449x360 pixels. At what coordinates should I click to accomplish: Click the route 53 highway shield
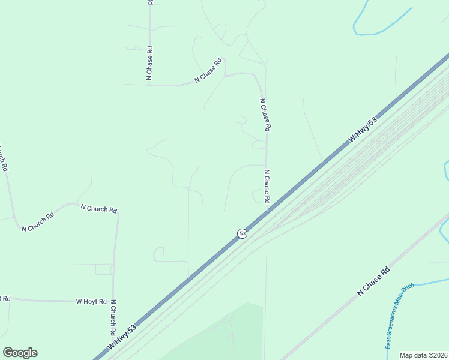[242, 233]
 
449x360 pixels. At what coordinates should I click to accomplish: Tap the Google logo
[20, 353]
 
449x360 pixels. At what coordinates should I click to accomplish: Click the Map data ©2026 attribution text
[423, 355]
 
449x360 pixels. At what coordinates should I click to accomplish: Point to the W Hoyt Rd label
[91, 301]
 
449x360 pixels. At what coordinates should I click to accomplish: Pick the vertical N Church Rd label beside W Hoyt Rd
[113, 317]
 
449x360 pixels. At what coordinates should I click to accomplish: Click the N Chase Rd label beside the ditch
[373, 281]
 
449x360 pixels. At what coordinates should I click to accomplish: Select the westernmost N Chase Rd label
[149, 63]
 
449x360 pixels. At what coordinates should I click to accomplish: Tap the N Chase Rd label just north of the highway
[267, 186]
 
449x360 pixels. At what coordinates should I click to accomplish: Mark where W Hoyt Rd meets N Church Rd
[113, 301]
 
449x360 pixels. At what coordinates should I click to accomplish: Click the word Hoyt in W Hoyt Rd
[92, 301]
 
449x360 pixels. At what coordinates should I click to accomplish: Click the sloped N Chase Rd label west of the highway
[208, 70]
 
